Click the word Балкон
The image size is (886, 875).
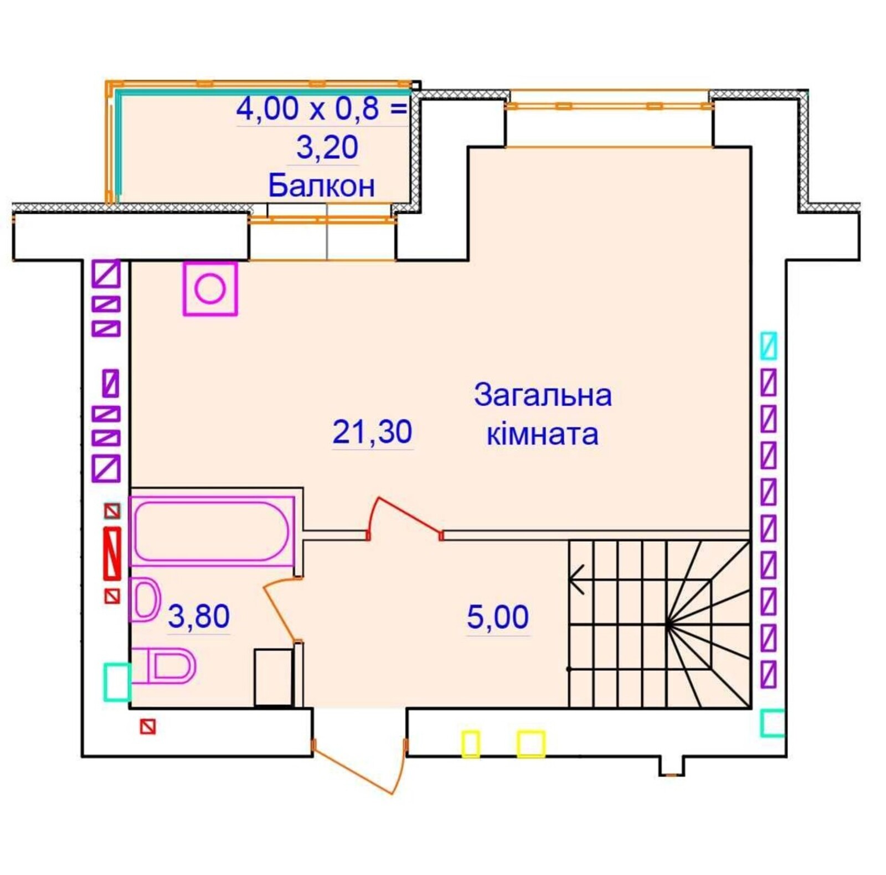pyautogui.click(x=321, y=185)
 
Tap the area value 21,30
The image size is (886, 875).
pyautogui.click(x=372, y=432)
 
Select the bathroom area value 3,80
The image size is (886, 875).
pyautogui.click(x=198, y=616)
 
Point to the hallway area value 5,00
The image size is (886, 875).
pyautogui.click(x=497, y=617)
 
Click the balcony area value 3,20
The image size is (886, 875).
pyautogui.click(x=327, y=147)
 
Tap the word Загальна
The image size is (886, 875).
pyautogui.click(x=543, y=396)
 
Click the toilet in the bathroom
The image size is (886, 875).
pyautogui.click(x=163, y=666)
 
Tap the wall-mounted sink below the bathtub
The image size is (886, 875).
pyautogui.click(x=145, y=599)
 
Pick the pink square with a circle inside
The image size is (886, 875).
pyautogui.click(x=210, y=289)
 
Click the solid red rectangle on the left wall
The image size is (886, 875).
pyautogui.click(x=112, y=553)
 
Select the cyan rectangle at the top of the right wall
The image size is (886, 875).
pyautogui.click(x=769, y=346)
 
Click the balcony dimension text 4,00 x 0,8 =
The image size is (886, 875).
pyautogui.click(x=321, y=108)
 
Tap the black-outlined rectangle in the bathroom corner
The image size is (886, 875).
pyautogui.click(x=274, y=677)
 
